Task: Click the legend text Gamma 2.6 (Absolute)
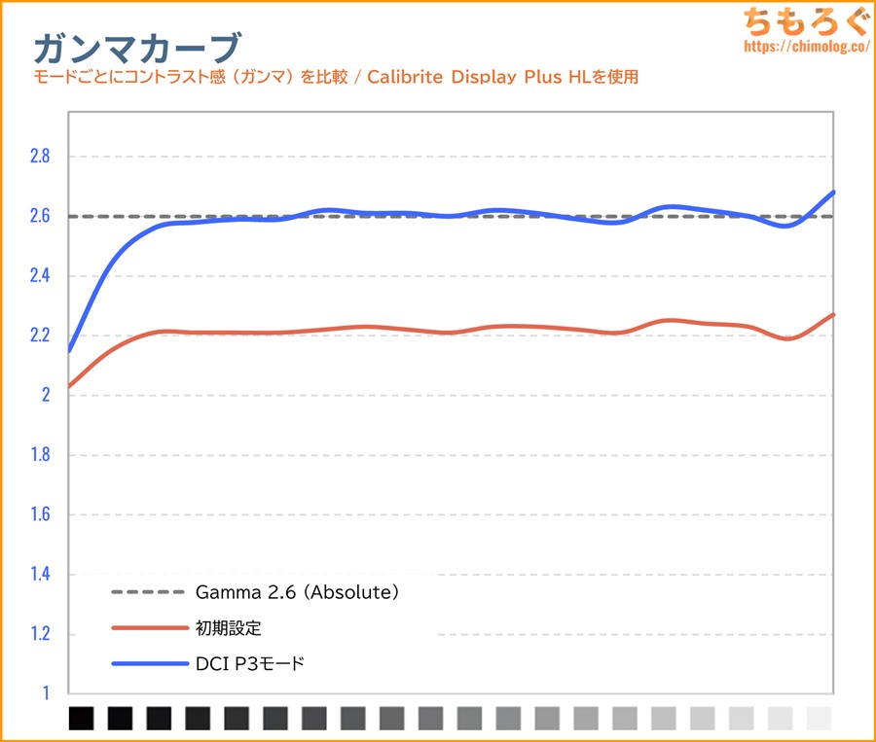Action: tap(297, 591)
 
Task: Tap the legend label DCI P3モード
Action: tap(250, 664)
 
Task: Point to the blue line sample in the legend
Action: tap(149, 664)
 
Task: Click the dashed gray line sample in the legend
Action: tap(149, 591)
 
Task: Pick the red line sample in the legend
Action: tap(149, 627)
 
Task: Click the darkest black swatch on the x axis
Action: tap(82, 719)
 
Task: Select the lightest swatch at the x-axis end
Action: tap(820, 719)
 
